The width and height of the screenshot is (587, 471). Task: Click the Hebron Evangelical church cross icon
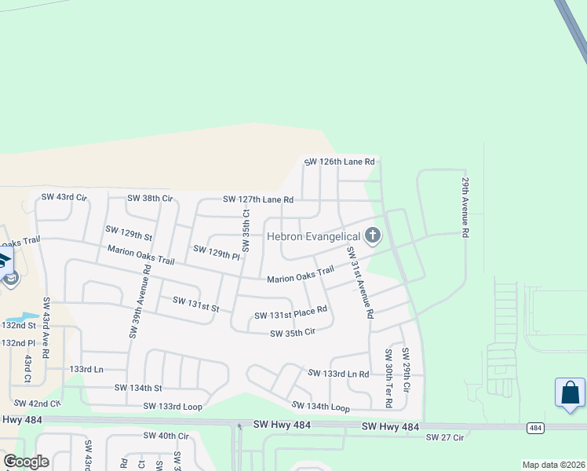pyautogui.click(x=372, y=235)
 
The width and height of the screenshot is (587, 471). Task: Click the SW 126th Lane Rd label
pyautogui.click(x=340, y=162)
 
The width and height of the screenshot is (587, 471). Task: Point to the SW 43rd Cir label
pyautogui.click(x=64, y=196)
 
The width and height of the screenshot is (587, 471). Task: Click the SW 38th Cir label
pyautogui.click(x=150, y=199)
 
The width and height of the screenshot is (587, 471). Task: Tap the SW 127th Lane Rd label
pyautogui.click(x=258, y=200)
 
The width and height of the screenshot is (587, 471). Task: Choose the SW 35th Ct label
pyautogui.click(x=246, y=230)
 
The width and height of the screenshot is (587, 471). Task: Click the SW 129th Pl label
pyautogui.click(x=217, y=253)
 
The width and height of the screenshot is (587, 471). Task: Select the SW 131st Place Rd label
pyautogui.click(x=290, y=315)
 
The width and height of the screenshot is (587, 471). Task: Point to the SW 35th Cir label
pyautogui.click(x=293, y=334)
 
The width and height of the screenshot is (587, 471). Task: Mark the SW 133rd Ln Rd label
pyautogui.click(x=338, y=374)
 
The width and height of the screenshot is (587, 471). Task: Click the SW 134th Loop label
pyautogui.click(x=320, y=406)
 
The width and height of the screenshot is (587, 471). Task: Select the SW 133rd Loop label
pyautogui.click(x=173, y=406)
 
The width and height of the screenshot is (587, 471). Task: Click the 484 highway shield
pyautogui.click(x=535, y=428)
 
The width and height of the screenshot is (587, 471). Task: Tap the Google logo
pyautogui.click(x=26, y=462)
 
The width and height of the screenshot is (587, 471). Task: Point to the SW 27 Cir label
pyautogui.click(x=445, y=436)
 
